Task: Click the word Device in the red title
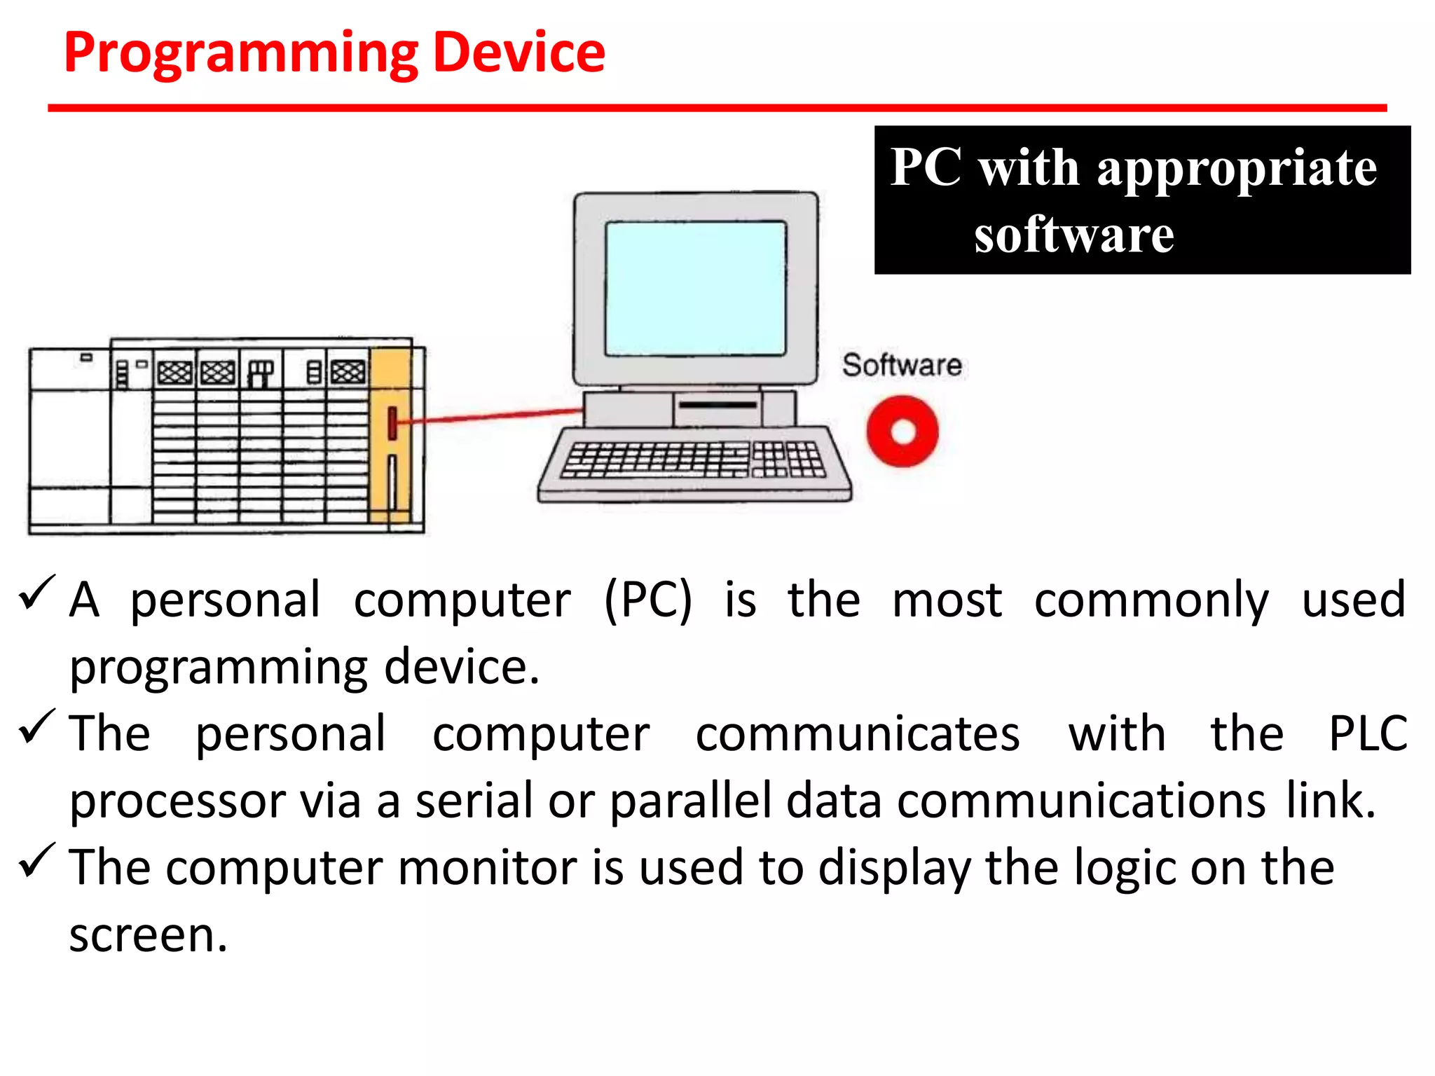[x=519, y=53]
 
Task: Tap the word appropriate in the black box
[x=1236, y=169]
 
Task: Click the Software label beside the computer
[x=902, y=366]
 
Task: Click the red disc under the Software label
[x=902, y=432]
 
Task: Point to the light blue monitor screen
[x=695, y=289]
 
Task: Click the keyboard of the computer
[x=694, y=461]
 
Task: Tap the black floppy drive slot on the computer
[x=717, y=405]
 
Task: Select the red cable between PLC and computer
[x=490, y=416]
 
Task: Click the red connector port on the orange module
[x=392, y=423]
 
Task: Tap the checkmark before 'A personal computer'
[x=36, y=593]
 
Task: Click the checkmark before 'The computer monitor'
[x=36, y=860]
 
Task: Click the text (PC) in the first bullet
[x=647, y=601]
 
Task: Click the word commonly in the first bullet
[x=1151, y=601]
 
